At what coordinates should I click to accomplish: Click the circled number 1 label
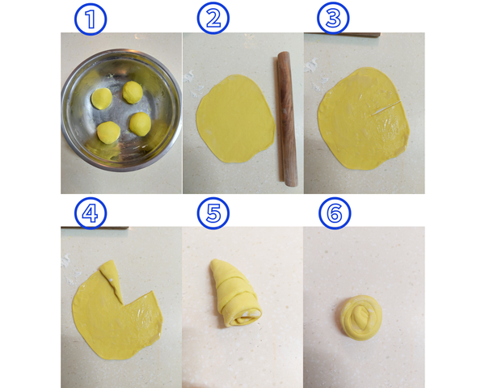click(91, 19)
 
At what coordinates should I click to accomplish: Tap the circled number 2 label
click(213, 19)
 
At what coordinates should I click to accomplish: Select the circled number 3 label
click(333, 18)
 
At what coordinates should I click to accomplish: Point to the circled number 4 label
click(91, 213)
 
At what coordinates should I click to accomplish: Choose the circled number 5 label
click(213, 213)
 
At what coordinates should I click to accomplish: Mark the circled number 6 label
click(335, 213)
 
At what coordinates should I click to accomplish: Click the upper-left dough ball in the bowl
click(102, 99)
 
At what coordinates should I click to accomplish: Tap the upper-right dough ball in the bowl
click(133, 92)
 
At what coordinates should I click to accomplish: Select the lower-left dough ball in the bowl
click(108, 133)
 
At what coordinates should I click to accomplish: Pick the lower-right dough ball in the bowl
click(140, 124)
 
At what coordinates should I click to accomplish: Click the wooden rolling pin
click(287, 119)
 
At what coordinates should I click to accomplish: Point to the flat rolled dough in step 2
click(236, 119)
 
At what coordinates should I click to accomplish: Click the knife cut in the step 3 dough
click(386, 108)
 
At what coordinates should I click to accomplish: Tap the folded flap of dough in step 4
click(112, 280)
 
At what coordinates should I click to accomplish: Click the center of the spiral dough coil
click(361, 318)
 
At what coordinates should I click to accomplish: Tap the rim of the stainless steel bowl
click(121, 50)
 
